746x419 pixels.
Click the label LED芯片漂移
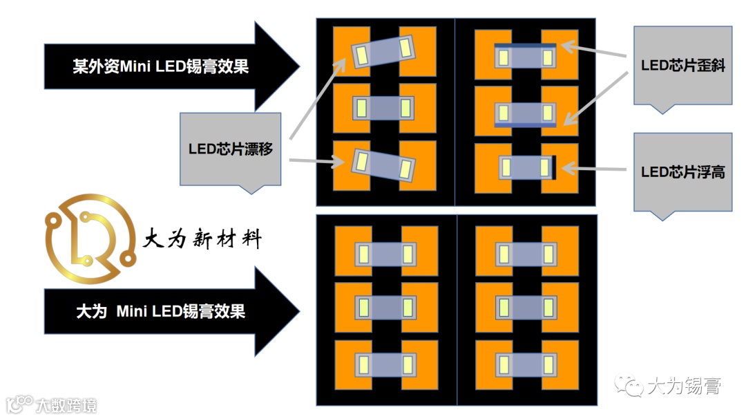tap(230, 149)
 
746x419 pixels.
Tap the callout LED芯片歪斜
tap(682, 66)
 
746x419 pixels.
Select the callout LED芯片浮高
tap(682, 172)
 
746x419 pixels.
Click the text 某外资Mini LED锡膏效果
tap(160, 66)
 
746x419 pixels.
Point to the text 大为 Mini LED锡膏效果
tap(160, 311)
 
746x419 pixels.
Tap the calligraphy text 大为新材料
tap(202, 240)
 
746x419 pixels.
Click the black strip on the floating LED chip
tap(553, 167)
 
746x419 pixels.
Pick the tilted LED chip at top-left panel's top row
tap(384, 50)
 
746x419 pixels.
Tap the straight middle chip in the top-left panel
tap(384, 108)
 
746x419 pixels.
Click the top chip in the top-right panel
tap(526, 57)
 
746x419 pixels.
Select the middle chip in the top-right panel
tap(526, 113)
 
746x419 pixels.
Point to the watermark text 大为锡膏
tap(684, 386)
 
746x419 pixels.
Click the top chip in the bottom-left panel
tap(386, 254)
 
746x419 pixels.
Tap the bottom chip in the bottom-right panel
tap(526, 364)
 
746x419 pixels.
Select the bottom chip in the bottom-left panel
tap(386, 364)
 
